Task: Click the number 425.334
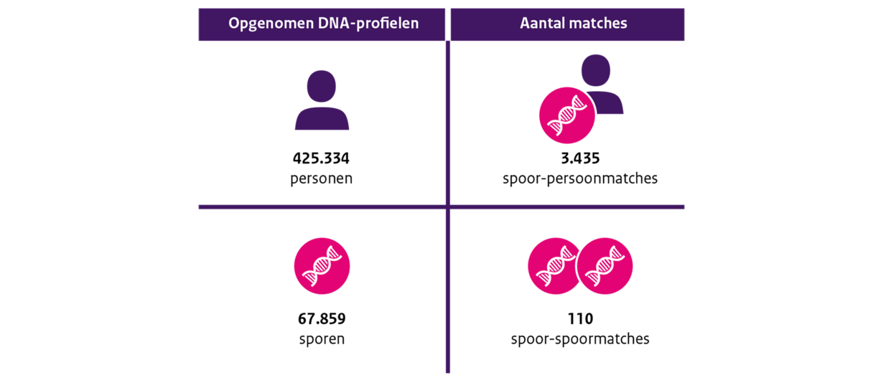321,158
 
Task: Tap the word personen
321,179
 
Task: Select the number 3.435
580,158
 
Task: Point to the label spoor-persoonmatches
580,179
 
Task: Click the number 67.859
322,319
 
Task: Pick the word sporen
322,339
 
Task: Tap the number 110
580,319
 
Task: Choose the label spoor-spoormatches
580,339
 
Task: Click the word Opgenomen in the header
271,24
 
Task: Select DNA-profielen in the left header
368,23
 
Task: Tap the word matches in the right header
597,23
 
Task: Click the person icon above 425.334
322,100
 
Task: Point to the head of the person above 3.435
596,70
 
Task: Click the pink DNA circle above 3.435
566,115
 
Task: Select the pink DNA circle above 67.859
322,266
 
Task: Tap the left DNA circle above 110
554,266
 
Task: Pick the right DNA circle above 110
605,266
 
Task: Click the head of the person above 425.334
322,86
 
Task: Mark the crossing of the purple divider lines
448,207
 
